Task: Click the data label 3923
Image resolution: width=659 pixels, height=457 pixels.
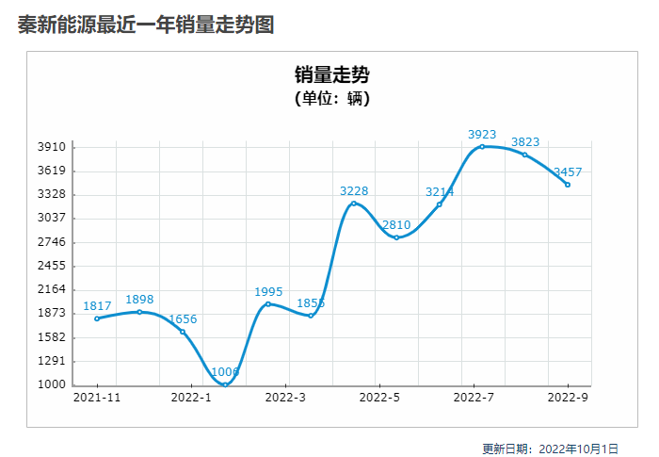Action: [x=482, y=135]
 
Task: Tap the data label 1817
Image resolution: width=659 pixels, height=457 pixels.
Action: [x=97, y=306]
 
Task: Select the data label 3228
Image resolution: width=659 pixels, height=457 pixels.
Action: [x=354, y=191]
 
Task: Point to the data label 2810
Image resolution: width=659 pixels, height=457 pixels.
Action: [x=396, y=225]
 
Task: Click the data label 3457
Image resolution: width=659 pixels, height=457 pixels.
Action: [x=568, y=172]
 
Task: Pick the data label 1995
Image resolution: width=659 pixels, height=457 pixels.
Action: [x=268, y=292]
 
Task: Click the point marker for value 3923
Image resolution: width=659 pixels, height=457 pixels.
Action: [x=482, y=146]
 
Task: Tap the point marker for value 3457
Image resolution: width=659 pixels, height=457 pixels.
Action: [x=568, y=185]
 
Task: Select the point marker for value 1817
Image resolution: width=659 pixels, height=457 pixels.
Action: [x=97, y=318]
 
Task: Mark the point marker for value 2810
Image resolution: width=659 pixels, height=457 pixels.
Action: [x=396, y=237]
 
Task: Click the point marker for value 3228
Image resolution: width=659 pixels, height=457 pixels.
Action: [x=354, y=204]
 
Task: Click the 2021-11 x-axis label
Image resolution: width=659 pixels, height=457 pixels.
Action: [x=97, y=399]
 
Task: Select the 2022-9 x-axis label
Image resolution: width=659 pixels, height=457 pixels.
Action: [x=568, y=399]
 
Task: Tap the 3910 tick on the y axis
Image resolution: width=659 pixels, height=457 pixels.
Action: [x=52, y=147]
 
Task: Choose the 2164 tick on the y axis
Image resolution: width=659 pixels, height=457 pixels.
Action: [x=52, y=289]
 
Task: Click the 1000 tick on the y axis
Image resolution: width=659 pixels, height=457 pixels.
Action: [x=52, y=384]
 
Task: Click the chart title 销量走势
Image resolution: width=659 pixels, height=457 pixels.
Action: [x=330, y=74]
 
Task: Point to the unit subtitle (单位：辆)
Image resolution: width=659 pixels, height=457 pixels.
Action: [x=330, y=98]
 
